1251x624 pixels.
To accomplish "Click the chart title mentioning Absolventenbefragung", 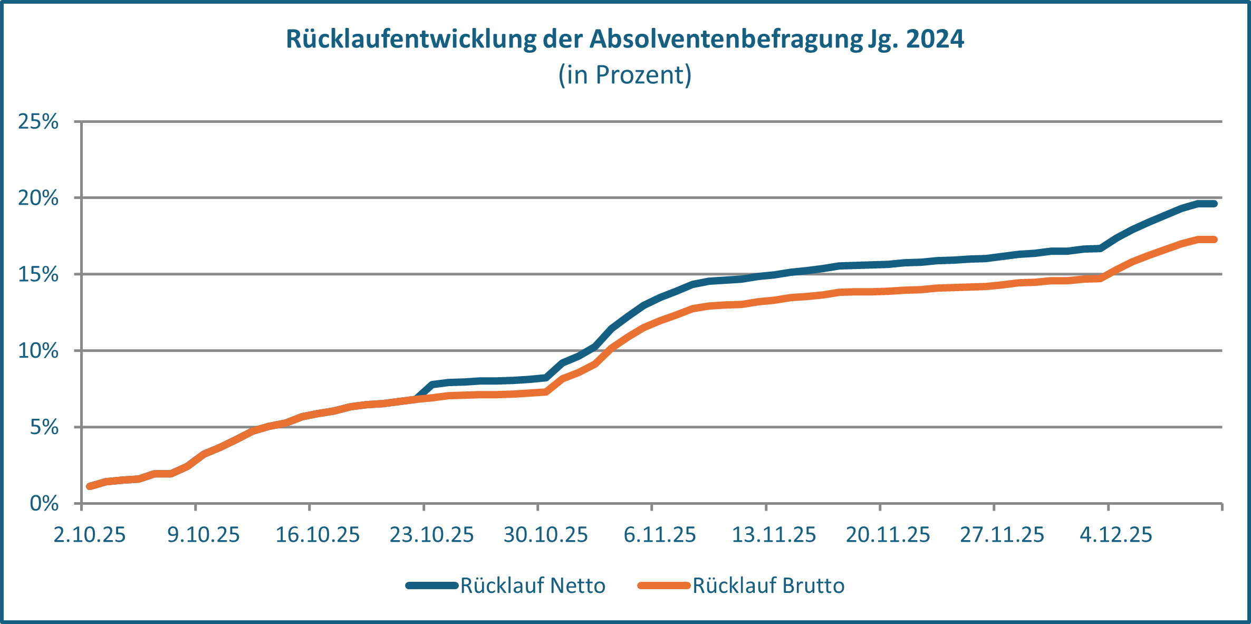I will coord(625,39).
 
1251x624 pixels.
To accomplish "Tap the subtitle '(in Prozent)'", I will coord(625,75).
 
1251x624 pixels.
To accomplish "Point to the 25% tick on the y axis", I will coord(38,122).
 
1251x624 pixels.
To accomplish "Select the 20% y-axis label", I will coord(38,198).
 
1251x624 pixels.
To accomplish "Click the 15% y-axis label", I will coord(38,274).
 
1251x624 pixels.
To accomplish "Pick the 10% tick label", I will coord(38,351).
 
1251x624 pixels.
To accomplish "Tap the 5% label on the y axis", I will coord(44,427).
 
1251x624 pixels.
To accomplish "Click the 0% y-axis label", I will coord(44,504).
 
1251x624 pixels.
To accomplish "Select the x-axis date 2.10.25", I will coord(90,535).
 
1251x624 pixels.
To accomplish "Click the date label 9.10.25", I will coord(204,535).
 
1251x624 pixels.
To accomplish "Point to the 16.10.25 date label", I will coord(317,535).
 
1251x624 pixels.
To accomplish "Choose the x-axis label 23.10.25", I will coord(431,535).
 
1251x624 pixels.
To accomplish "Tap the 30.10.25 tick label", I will coord(545,535).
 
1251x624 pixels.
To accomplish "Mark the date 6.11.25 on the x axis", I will coord(660,535).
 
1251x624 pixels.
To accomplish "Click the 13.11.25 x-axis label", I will coord(774,535).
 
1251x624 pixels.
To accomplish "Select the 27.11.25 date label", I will coord(1002,535).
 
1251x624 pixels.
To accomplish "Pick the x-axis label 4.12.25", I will coord(1116,535).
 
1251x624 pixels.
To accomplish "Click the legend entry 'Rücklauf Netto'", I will coord(532,585).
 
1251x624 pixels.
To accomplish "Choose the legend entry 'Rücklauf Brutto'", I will coord(768,585).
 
